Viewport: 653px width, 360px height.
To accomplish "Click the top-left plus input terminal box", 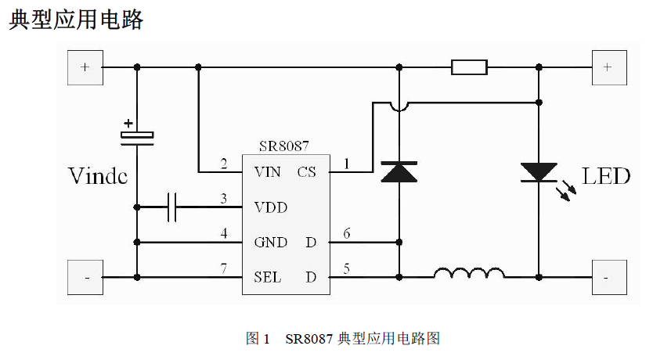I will coord(85,67).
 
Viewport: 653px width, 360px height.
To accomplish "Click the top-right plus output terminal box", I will coord(608,67).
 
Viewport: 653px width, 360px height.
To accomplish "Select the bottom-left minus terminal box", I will coord(85,277).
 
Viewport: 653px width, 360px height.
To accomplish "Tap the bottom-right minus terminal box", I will coord(608,277).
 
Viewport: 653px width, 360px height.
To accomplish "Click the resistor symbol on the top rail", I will coord(469,67).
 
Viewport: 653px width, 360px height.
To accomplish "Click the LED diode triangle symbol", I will coord(539,172).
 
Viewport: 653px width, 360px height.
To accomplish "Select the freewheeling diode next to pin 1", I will coord(399,171).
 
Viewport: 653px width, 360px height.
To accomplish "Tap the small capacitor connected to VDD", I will coord(173,207).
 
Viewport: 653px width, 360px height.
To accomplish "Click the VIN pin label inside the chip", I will coord(267,172).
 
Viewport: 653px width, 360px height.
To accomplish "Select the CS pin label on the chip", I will coord(306,172).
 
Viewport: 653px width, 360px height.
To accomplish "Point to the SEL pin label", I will coord(268,277).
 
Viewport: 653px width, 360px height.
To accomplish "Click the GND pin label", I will coord(270,243).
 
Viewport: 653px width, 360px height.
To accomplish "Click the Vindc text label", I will coord(97,175).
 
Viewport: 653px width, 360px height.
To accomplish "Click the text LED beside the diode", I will coord(605,176).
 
